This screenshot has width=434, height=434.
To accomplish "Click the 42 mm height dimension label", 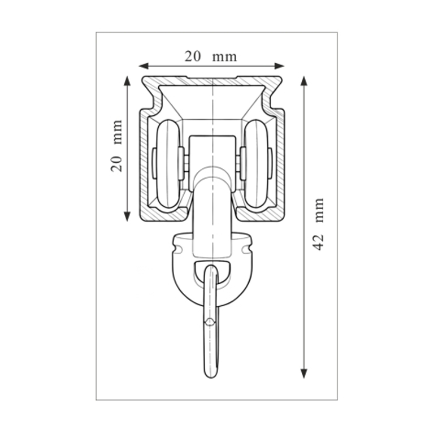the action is [x=318, y=224].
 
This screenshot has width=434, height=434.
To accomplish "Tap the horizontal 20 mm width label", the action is [x=211, y=57].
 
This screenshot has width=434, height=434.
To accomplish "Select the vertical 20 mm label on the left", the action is [x=116, y=146].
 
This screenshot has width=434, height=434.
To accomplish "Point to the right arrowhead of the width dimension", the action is [x=279, y=66].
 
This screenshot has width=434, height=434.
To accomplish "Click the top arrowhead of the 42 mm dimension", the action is [x=304, y=81].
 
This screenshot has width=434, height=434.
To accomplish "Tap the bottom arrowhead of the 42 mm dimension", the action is [x=304, y=373].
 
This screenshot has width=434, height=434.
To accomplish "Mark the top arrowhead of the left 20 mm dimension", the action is [x=127, y=81].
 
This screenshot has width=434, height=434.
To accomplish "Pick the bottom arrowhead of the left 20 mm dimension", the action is [x=127, y=216].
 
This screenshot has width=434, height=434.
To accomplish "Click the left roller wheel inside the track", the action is [x=168, y=163].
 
